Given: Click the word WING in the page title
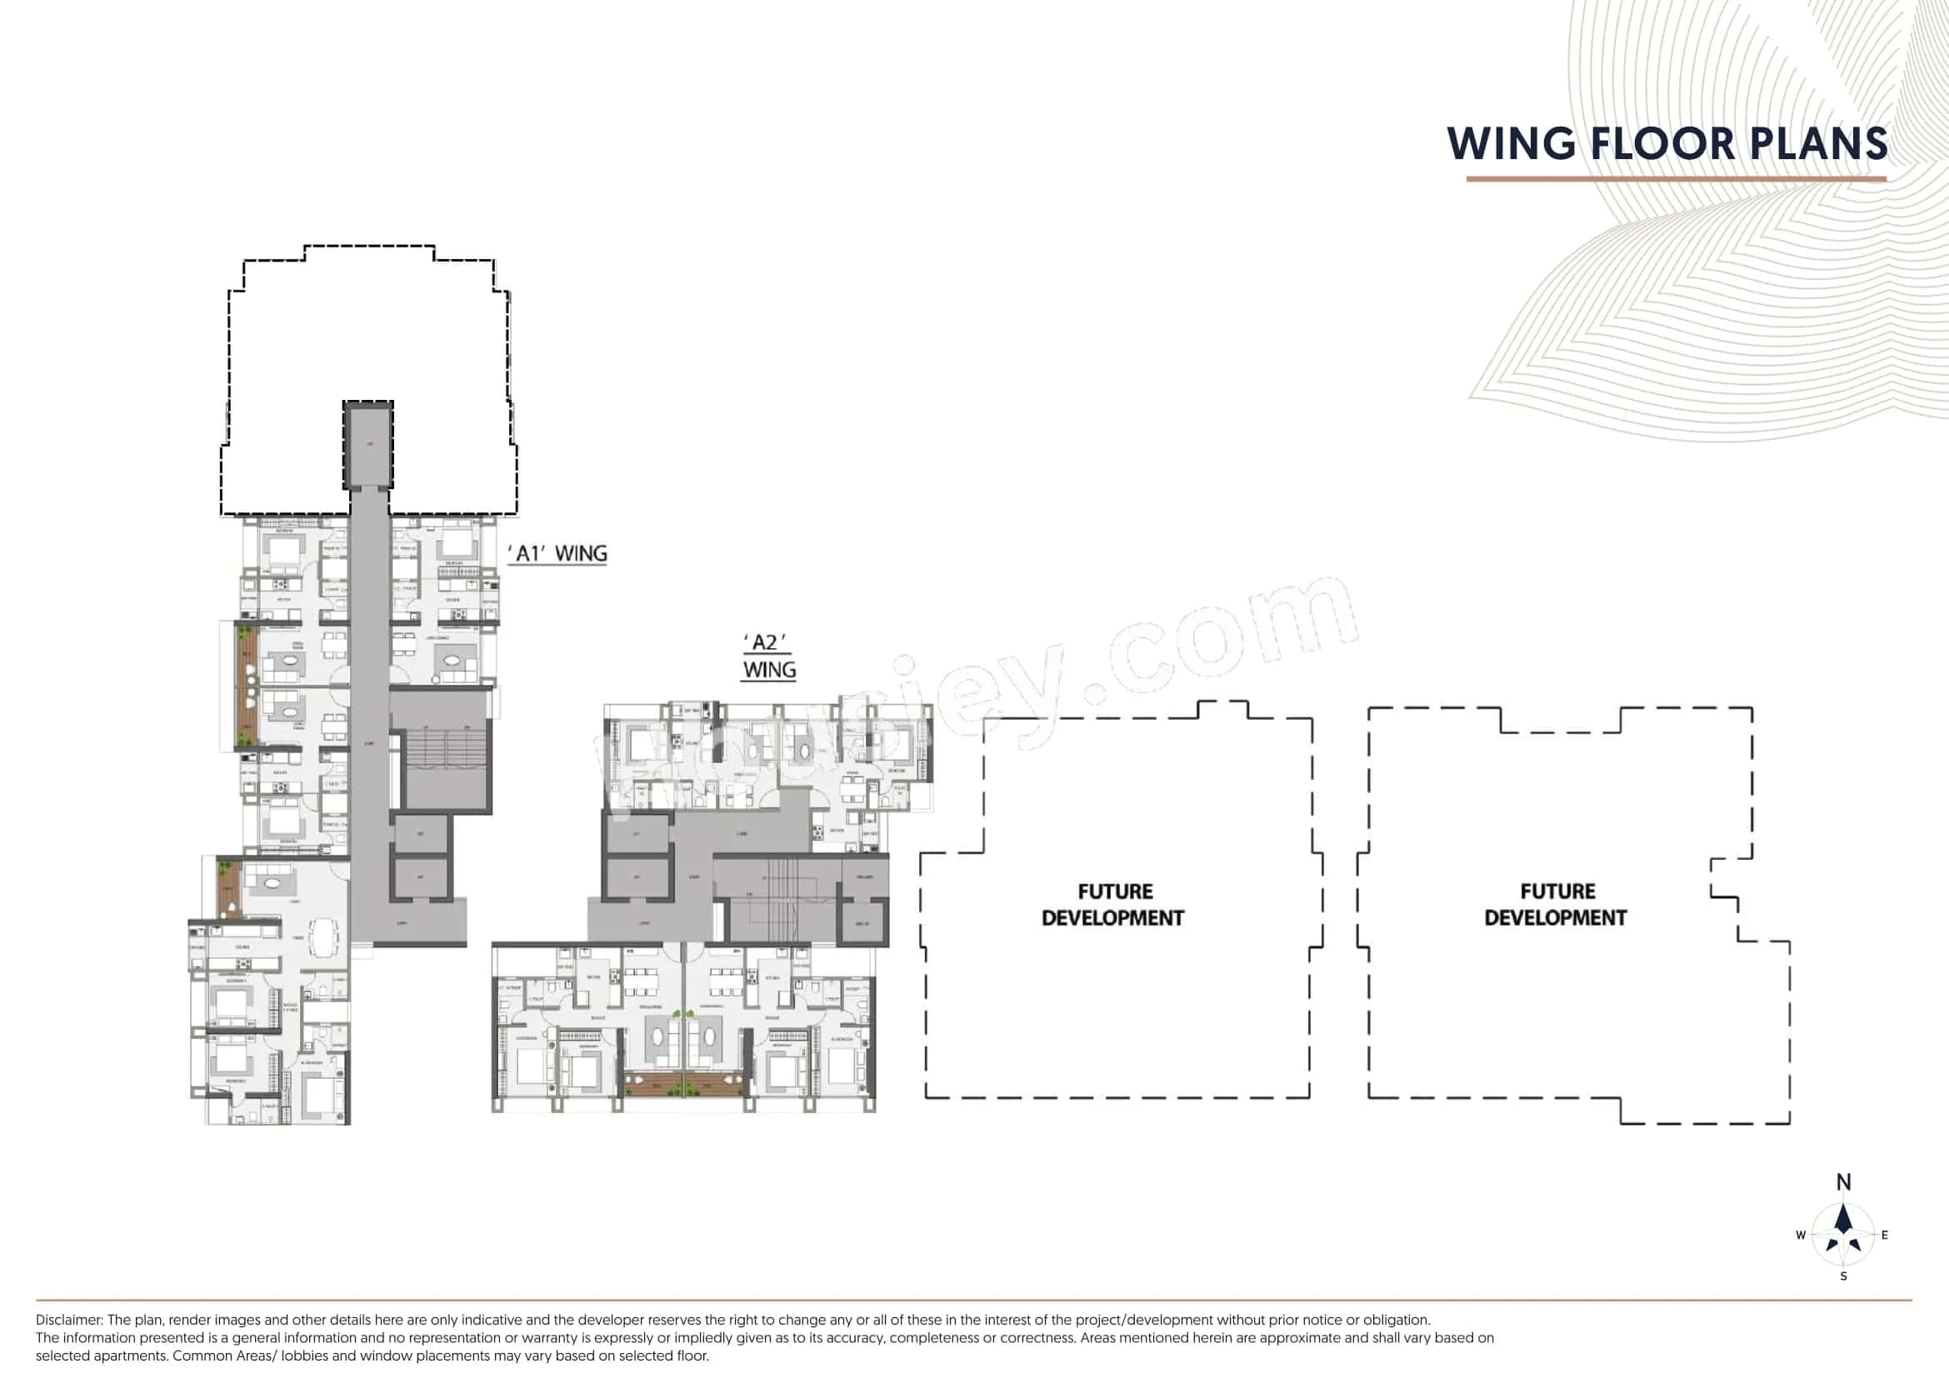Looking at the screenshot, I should tap(1510, 143).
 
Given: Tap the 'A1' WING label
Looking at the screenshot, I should tap(557, 554).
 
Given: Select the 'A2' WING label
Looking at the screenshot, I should tap(769, 656).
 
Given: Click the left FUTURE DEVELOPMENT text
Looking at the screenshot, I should tap(1113, 904).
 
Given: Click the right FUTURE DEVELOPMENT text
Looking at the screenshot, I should tap(1555, 904).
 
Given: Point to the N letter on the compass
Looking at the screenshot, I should tap(1844, 1182).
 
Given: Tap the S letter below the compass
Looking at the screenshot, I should tap(1844, 1276).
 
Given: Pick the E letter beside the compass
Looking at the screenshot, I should tap(1885, 1236).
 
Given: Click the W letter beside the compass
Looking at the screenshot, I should tap(1801, 1236).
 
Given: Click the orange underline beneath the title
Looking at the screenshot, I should tap(1676, 179).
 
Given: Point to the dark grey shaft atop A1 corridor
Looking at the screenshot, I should tap(368, 445).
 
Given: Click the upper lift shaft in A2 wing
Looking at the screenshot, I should tap(637, 834).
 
